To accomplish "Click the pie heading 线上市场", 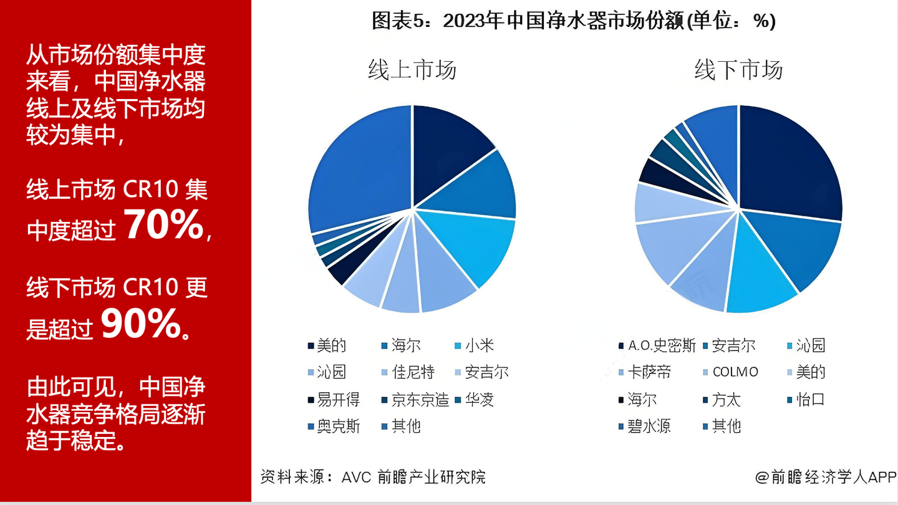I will (412, 69).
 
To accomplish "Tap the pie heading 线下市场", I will (738, 69).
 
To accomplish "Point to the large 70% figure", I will (164, 225).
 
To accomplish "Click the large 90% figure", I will (140, 325).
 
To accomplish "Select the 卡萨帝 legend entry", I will (649, 372).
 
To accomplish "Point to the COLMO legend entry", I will (735, 372).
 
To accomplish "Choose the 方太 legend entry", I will (726, 400).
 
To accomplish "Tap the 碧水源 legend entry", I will (649, 426).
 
